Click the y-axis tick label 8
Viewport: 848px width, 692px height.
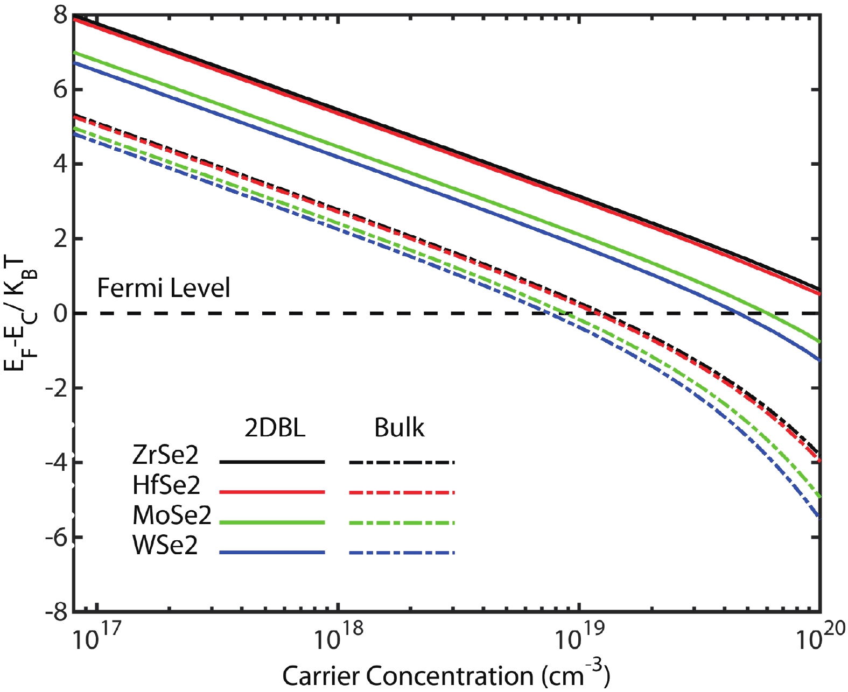[60, 15]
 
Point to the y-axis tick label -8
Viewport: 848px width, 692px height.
[56, 612]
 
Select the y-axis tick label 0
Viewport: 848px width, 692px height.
[60, 313]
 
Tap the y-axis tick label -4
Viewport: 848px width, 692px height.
[56, 462]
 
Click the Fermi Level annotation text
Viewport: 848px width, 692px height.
[163, 288]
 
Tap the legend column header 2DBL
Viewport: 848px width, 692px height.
[275, 428]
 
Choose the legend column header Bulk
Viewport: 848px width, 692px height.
[399, 428]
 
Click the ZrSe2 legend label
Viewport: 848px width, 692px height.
[165, 455]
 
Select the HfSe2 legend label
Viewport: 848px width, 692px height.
[166, 485]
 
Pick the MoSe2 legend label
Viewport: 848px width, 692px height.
[172, 516]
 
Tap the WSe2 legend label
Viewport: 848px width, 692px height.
[165, 546]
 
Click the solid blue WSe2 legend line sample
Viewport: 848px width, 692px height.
[272, 553]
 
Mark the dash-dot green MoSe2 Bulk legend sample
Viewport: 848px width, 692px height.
[402, 522]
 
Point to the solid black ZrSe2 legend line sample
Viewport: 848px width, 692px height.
[272, 462]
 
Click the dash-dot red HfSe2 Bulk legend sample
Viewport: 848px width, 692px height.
[402, 492]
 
